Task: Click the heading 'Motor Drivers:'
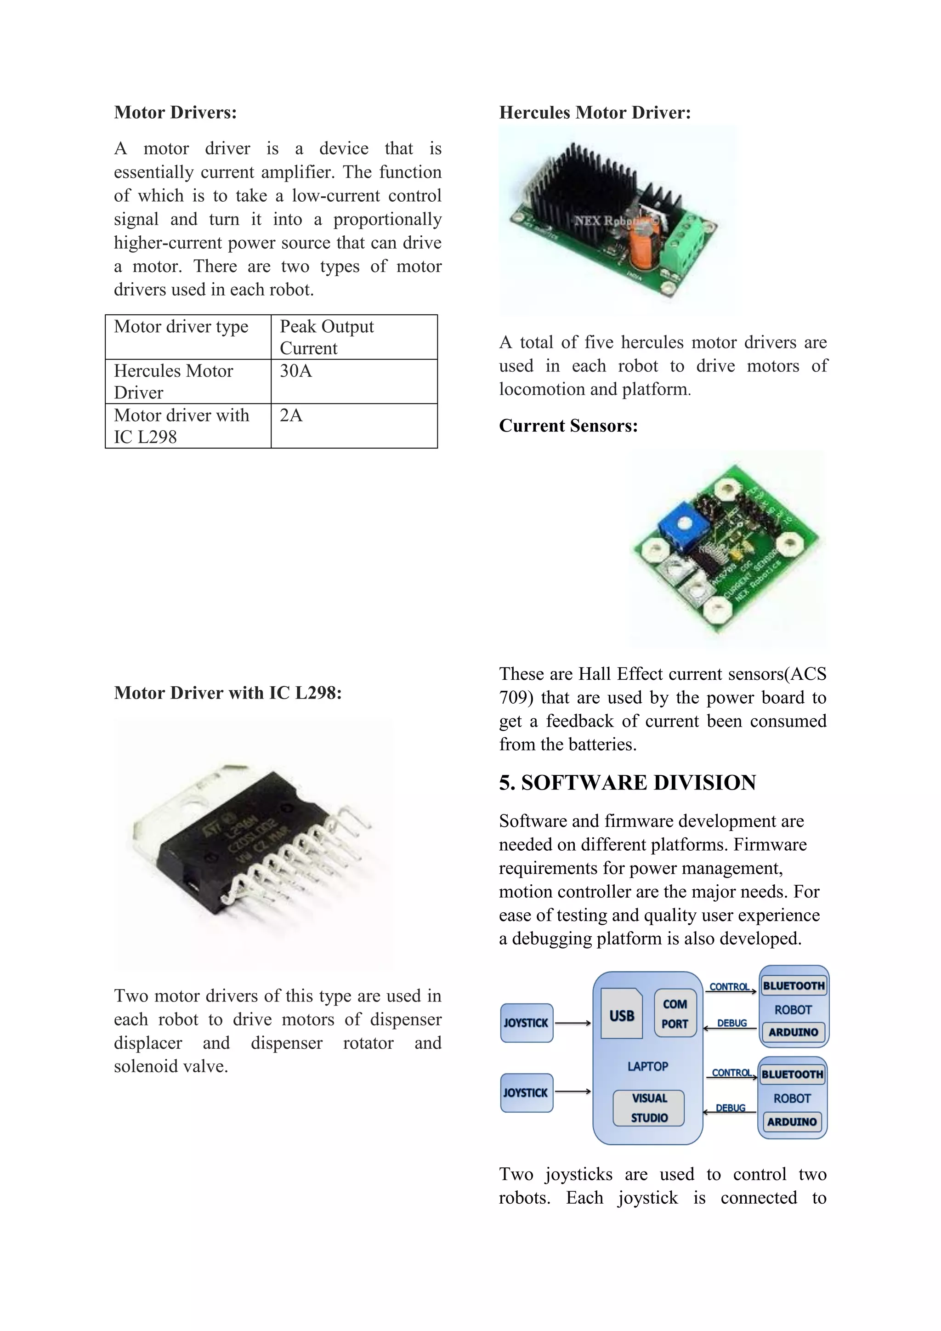pyautogui.click(x=175, y=113)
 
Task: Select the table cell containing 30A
pyautogui.click(x=353, y=381)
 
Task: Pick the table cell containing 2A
pyautogui.click(x=353, y=426)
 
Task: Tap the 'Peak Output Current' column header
pyautogui.click(x=353, y=337)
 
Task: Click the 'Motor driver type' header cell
pyautogui.click(x=188, y=337)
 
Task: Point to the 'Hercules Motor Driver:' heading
pyautogui.click(x=595, y=113)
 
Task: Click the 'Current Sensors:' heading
pyautogui.click(x=568, y=426)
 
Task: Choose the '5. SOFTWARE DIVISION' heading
pyautogui.click(x=627, y=783)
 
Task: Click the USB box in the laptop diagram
pyautogui.click(x=621, y=1013)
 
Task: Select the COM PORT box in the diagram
pyautogui.click(x=675, y=1013)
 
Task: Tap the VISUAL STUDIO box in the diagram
pyautogui.click(x=649, y=1108)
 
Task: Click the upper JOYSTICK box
pyautogui.click(x=526, y=1023)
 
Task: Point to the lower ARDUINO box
pyautogui.click(x=792, y=1122)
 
